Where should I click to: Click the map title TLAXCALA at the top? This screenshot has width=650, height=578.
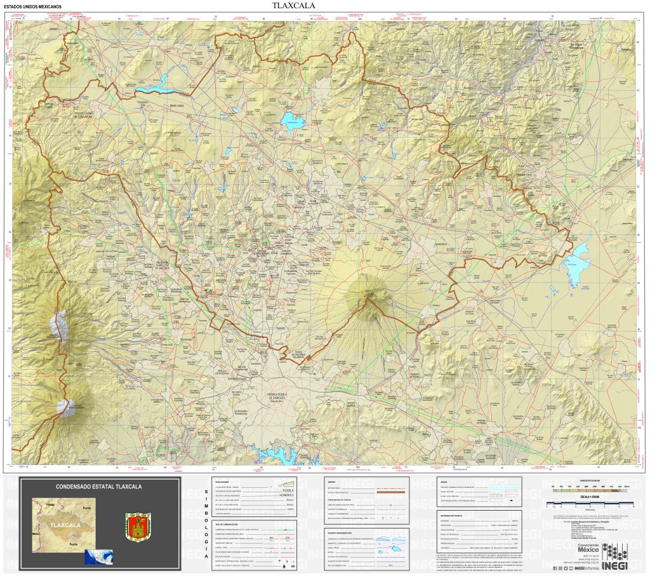point(293,6)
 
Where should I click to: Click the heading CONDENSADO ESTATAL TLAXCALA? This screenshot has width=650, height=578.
point(99,487)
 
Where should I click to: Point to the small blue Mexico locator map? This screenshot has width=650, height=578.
point(99,557)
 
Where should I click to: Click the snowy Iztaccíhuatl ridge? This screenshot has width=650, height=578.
point(59,327)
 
